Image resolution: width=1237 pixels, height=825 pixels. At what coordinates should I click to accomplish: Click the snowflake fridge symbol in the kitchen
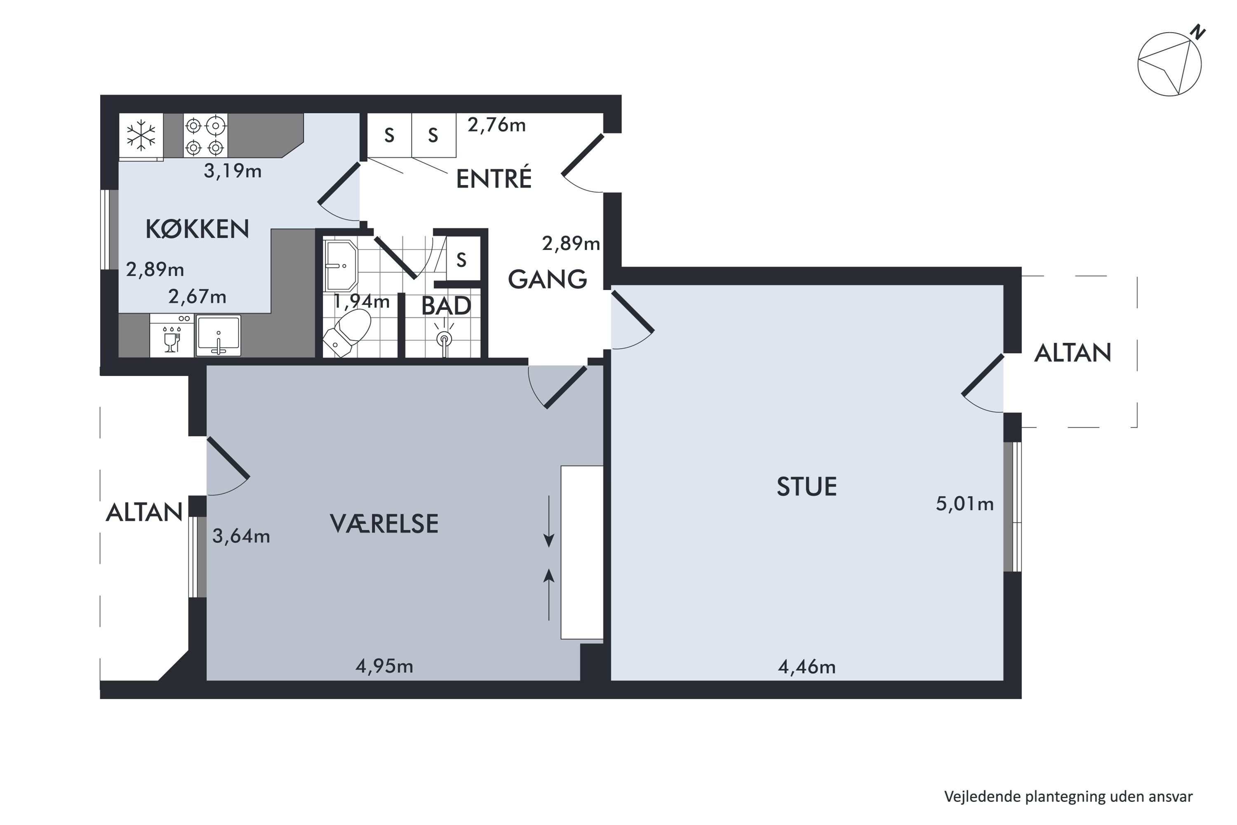point(141,135)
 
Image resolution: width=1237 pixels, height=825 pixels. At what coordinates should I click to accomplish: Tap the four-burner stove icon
point(205,136)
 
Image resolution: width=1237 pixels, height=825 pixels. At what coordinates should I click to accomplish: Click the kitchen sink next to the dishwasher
point(218,336)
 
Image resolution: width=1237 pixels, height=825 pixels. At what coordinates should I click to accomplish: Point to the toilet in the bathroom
point(347,332)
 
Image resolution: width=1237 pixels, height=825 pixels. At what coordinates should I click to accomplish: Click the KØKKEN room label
point(197,229)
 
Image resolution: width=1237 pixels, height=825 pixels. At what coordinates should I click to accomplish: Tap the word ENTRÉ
point(493,179)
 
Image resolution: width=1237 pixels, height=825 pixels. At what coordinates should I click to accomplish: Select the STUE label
point(806,487)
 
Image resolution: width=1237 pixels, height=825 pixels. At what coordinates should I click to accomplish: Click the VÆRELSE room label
point(384,524)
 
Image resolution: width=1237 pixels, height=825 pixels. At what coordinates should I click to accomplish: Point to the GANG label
point(547,279)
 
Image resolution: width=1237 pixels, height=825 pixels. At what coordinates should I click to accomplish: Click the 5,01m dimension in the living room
point(964,504)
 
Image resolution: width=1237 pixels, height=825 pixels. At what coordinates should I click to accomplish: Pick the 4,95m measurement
point(384,667)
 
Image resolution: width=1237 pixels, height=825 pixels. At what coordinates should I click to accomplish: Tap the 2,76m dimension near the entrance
point(496,125)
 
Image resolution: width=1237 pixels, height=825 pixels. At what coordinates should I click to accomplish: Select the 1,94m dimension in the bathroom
point(362,302)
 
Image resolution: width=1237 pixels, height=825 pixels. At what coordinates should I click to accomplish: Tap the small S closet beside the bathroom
point(461,260)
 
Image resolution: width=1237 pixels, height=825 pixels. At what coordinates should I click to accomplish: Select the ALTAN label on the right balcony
point(1072,353)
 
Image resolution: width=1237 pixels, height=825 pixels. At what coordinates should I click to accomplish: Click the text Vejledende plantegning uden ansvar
point(1068,797)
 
